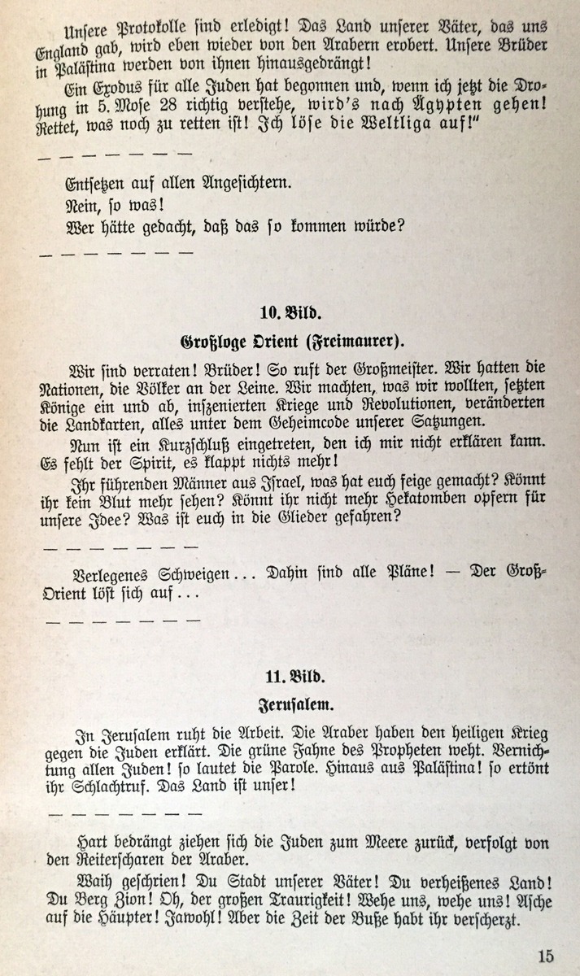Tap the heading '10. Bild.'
click(290, 313)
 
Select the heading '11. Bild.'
click(290, 676)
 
